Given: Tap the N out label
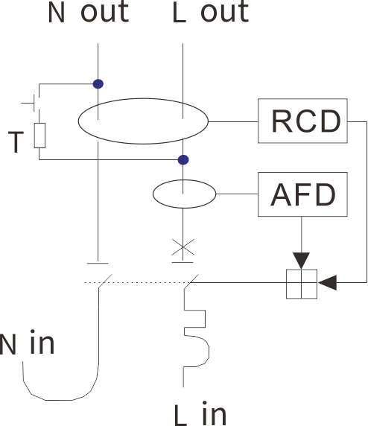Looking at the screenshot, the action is point(88,12).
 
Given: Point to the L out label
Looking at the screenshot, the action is point(211,12).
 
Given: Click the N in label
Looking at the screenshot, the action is point(27,342).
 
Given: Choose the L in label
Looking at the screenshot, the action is point(200,413).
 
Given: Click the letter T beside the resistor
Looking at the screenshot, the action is point(16,142).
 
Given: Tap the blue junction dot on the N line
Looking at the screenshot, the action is point(98,84).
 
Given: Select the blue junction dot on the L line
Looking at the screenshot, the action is point(183,159).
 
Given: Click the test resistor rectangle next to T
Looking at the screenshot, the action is point(39,136).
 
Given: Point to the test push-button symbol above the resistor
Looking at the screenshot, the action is point(34,103).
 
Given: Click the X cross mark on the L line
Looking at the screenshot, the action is point(183,247).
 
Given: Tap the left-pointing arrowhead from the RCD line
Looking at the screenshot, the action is point(327,282).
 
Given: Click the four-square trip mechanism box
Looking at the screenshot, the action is point(302,284).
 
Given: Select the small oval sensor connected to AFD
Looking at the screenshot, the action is point(153,194).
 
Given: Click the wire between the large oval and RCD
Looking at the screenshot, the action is point(233,121).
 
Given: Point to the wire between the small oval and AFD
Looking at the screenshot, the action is point(237,194).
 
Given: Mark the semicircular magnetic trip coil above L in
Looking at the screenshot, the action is point(209,351).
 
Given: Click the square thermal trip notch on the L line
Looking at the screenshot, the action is point(205,319).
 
